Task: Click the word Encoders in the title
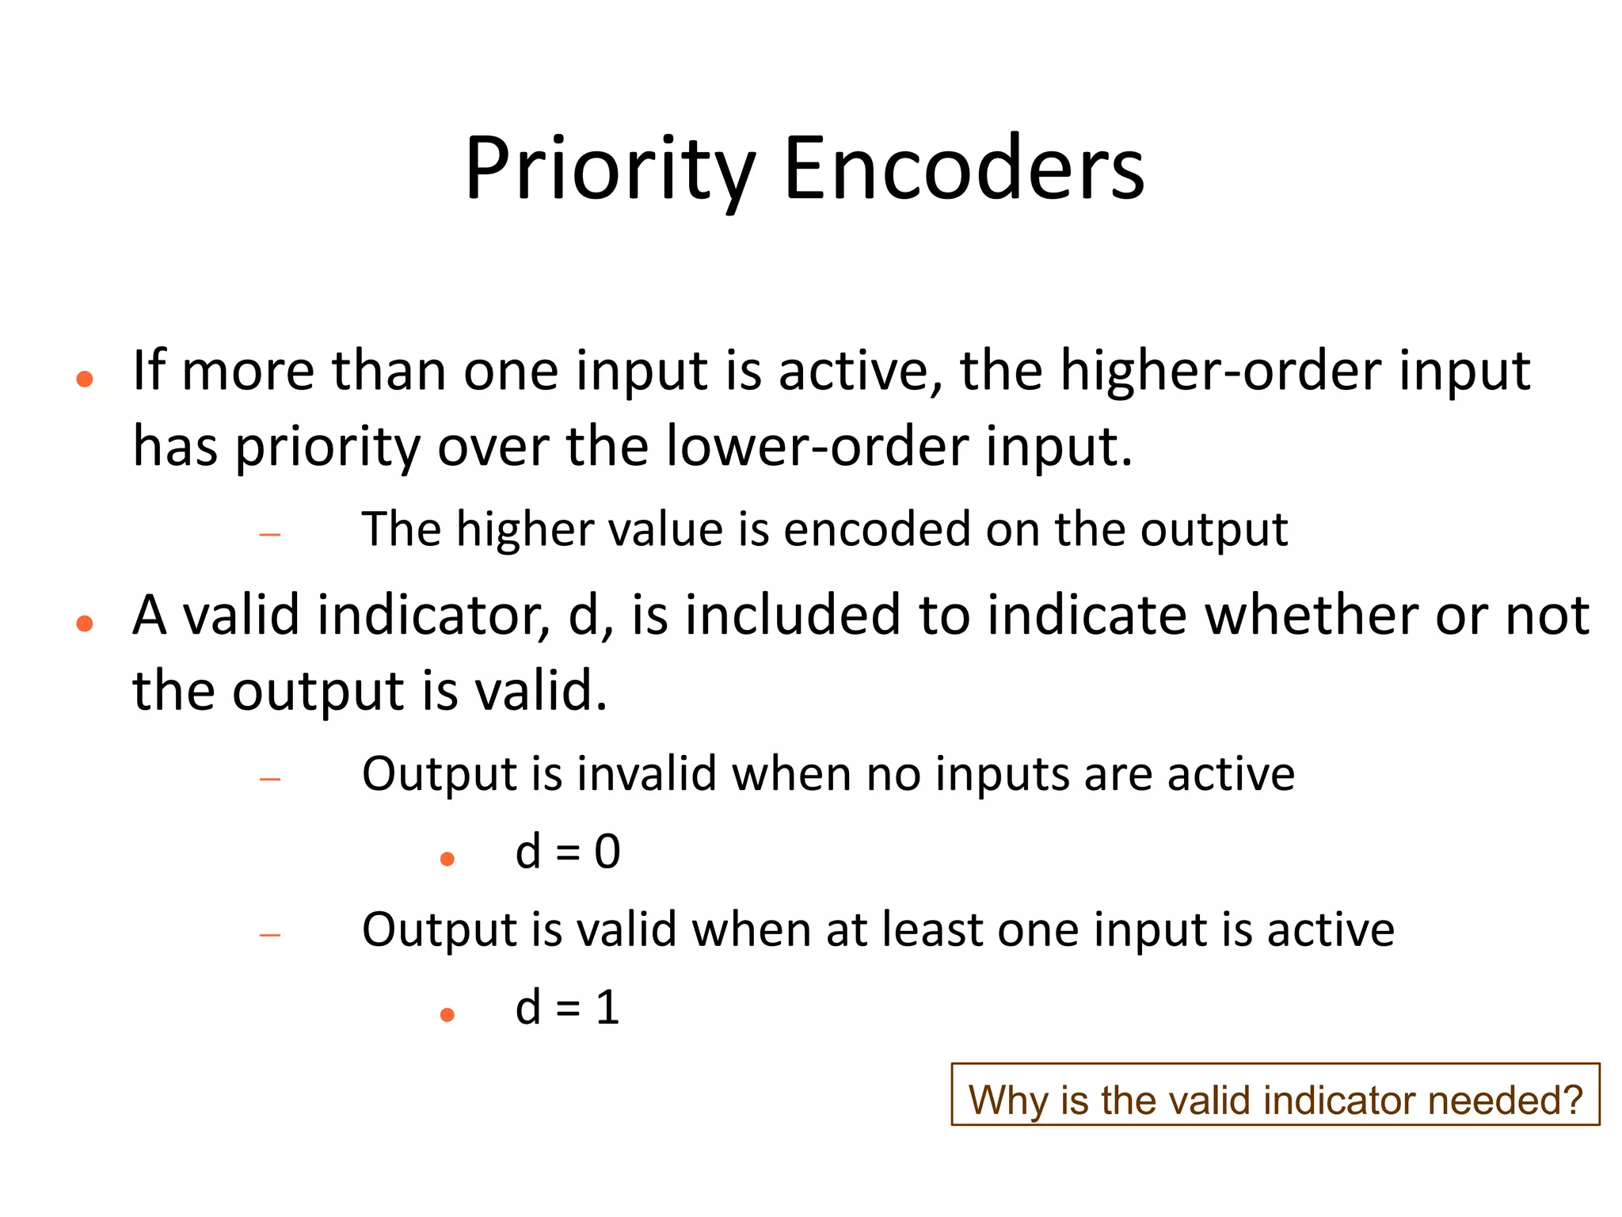(963, 169)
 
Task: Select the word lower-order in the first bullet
(817, 446)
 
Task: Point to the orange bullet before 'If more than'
(85, 380)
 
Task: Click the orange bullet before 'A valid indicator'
(85, 624)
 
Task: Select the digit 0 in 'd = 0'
(607, 852)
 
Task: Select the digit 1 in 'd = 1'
(607, 1008)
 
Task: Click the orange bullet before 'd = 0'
(447, 859)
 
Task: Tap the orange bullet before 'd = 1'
(447, 1015)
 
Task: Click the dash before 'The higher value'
(270, 536)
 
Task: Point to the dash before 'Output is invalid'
(270, 780)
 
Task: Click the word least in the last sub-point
(931, 929)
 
